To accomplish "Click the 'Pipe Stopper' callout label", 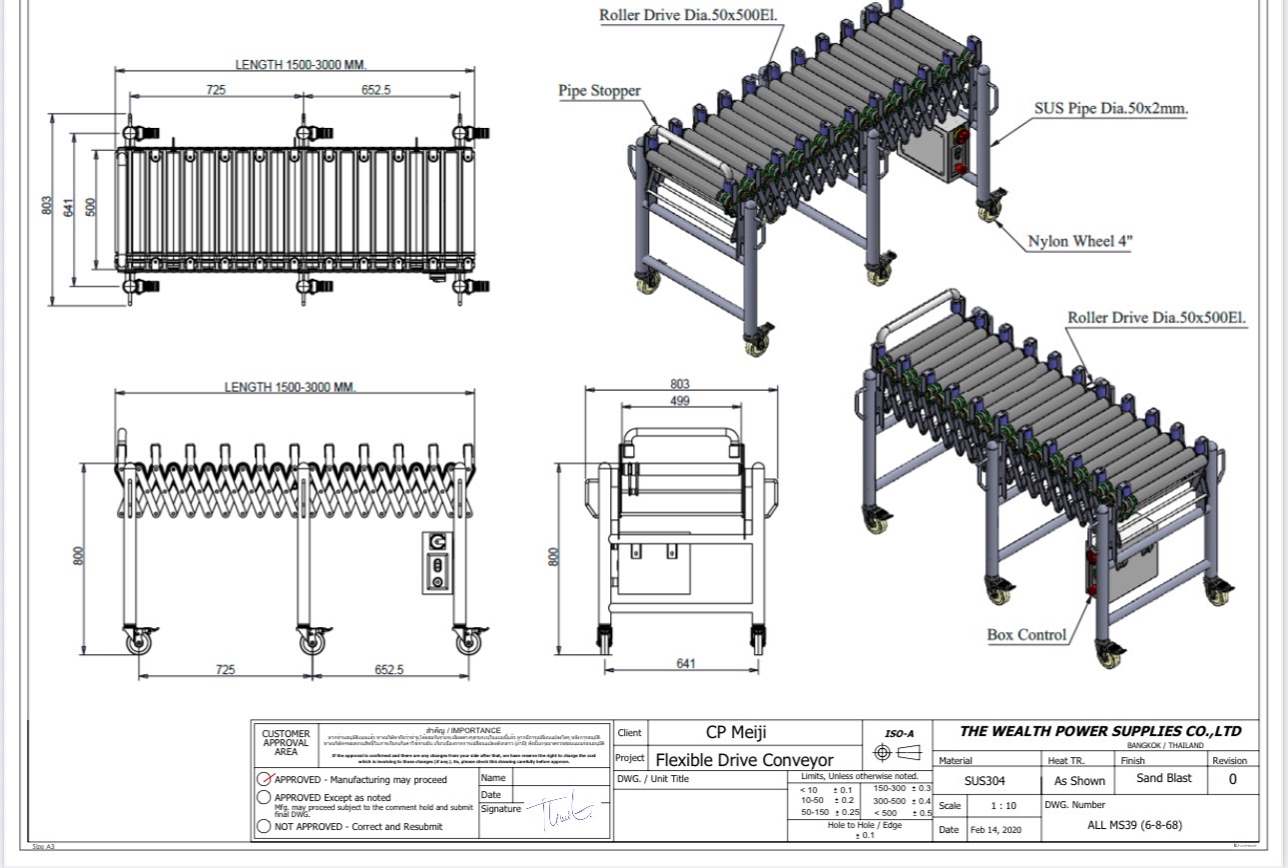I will point(599,91).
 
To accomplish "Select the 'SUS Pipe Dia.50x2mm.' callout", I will point(1110,109).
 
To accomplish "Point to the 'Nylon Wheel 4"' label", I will point(1080,241).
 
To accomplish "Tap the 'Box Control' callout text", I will point(1026,634).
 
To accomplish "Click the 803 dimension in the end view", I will point(680,385).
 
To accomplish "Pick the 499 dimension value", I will point(680,402).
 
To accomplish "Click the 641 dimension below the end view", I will point(685,664).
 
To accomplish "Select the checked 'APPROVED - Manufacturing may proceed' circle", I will point(265,779).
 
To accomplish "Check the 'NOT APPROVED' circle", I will point(265,826).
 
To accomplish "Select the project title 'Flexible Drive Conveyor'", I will point(744,760).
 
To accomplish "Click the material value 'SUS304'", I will point(984,781).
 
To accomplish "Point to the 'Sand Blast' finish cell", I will point(1163,778).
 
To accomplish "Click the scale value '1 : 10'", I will point(1003,806).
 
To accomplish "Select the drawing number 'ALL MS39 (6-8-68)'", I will point(1134,825).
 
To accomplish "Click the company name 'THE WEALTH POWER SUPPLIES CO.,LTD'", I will point(1100,731).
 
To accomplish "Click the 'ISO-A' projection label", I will point(899,733).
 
